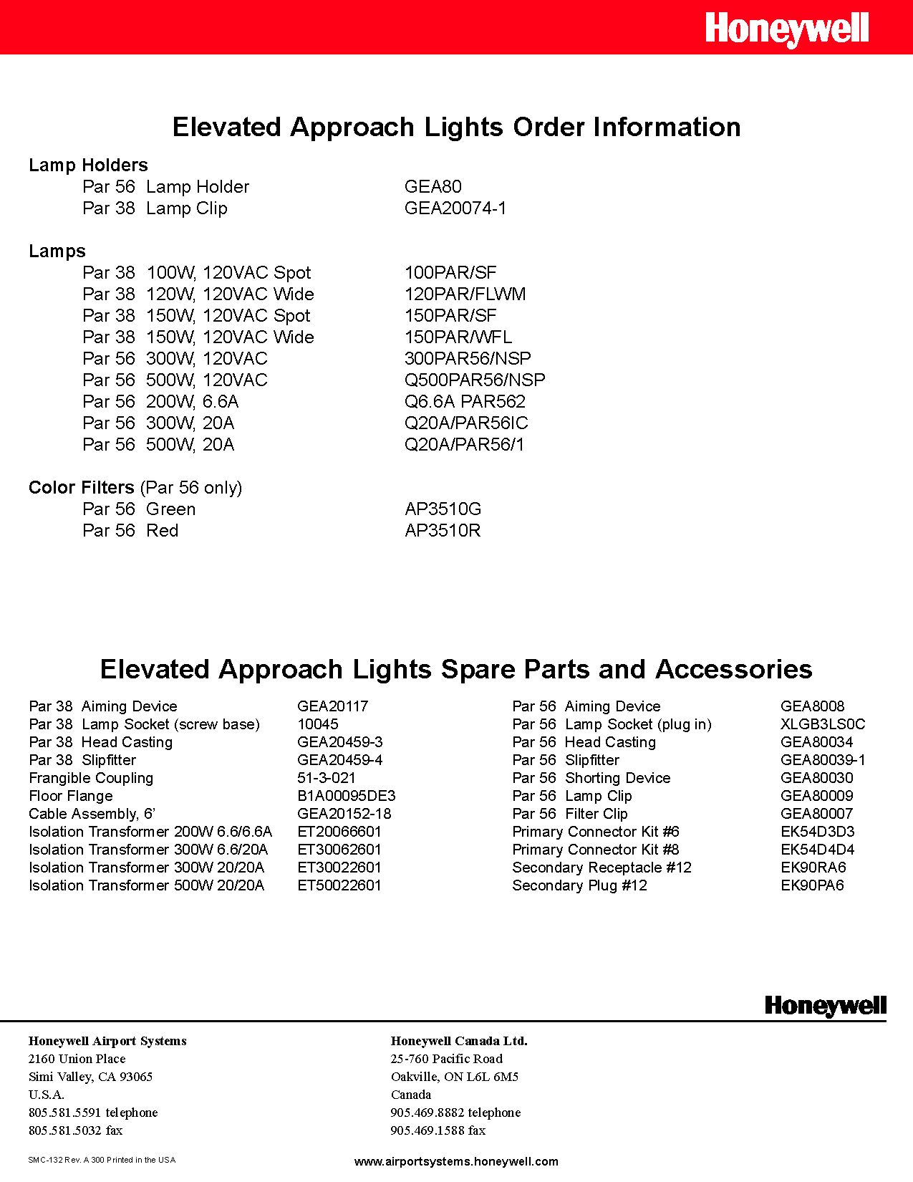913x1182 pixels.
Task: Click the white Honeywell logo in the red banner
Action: click(x=786, y=29)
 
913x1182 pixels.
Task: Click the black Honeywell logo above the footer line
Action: click(x=825, y=1006)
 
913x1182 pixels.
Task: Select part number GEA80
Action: click(x=433, y=187)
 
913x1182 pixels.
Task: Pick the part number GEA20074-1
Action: click(x=455, y=208)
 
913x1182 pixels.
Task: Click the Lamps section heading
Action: click(x=57, y=251)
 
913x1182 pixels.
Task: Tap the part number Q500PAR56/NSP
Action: click(x=474, y=380)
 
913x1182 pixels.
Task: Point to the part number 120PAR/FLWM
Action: click(x=465, y=294)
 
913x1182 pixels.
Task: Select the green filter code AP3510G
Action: click(x=443, y=509)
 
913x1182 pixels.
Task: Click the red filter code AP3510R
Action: click(x=443, y=531)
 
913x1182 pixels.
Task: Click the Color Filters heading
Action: click(x=81, y=488)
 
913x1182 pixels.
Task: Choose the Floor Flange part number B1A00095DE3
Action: click(x=346, y=796)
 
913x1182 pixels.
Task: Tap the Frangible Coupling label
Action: click(x=91, y=778)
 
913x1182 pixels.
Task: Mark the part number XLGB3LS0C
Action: click(x=822, y=724)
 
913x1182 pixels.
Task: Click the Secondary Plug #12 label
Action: click(x=579, y=885)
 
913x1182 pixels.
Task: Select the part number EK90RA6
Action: click(x=813, y=868)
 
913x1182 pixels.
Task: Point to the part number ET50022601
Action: click(x=339, y=885)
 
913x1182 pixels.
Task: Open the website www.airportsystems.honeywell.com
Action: click(x=456, y=1161)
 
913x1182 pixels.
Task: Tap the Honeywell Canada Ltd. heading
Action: click(x=458, y=1041)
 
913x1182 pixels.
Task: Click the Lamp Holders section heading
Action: click(x=88, y=165)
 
